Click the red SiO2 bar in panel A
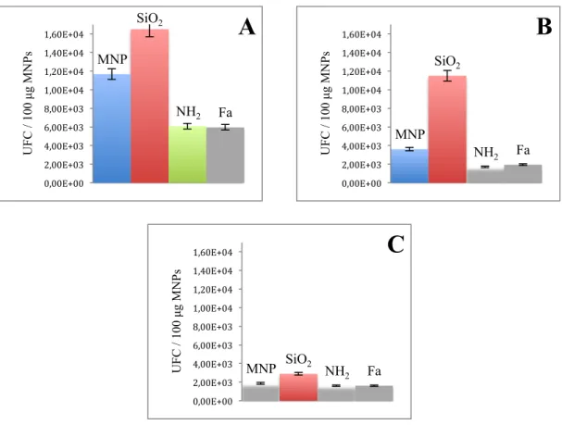pos(149,106)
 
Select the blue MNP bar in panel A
pos(112,129)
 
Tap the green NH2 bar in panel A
pos(187,155)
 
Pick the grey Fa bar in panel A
pos(225,156)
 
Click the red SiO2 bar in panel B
pos(447,130)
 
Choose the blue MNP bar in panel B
pos(409,167)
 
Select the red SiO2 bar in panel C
pos(298,387)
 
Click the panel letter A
pos(247,27)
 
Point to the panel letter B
pos(544,27)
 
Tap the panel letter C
pos(395,245)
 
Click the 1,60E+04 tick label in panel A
pos(64,34)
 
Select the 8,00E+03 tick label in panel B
pos(361,109)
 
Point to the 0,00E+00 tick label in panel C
pos(213,401)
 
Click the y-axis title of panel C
pos(177,320)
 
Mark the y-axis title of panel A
pos(28,103)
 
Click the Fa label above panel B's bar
pos(523,150)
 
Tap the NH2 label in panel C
pos(337,372)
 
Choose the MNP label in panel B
pos(410,134)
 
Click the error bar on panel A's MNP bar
pos(112,74)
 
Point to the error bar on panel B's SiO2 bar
pos(447,76)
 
